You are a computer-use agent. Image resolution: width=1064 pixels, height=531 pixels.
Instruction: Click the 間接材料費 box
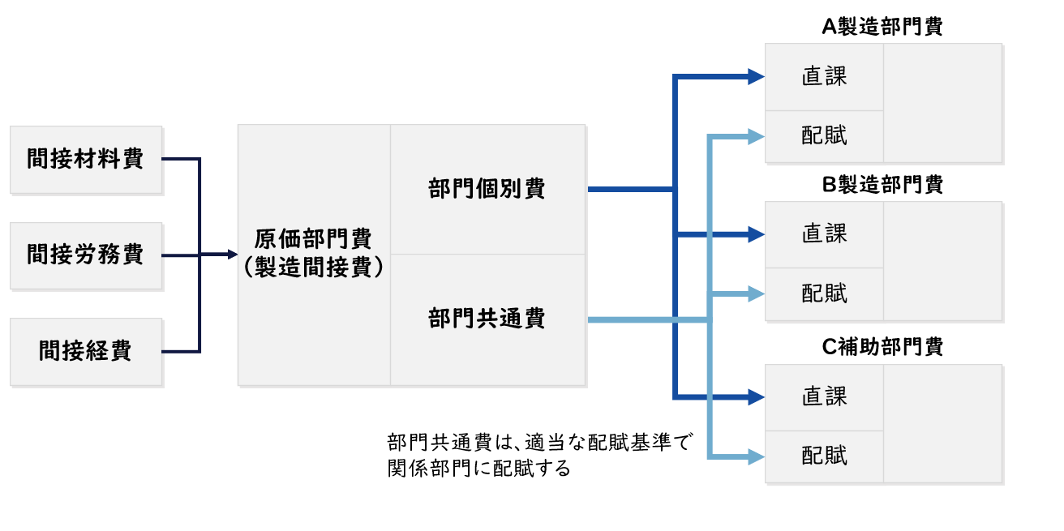[x=85, y=159]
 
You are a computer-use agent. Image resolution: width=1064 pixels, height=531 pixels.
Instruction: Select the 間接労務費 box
[x=85, y=255]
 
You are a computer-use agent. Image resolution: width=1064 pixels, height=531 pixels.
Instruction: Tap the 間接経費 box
[x=85, y=351]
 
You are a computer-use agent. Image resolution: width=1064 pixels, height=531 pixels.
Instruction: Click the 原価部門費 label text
[x=313, y=239]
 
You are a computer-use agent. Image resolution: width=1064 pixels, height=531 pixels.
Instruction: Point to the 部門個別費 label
[x=487, y=189]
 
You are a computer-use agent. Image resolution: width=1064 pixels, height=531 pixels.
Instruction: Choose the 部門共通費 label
[x=487, y=319]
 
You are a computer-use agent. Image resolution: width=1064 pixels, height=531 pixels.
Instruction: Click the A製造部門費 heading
[x=882, y=27]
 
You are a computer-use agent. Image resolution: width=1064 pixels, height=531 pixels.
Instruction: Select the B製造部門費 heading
[x=882, y=185]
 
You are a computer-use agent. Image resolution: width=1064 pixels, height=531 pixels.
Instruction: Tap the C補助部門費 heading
[x=882, y=347]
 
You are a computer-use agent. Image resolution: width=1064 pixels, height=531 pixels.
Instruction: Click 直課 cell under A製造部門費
[x=824, y=77]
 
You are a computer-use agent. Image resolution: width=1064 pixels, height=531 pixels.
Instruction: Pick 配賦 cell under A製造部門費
[x=824, y=135]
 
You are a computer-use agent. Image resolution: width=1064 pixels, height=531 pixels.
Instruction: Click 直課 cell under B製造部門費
[x=824, y=234]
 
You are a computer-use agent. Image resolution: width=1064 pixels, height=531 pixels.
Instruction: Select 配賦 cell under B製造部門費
[x=824, y=293]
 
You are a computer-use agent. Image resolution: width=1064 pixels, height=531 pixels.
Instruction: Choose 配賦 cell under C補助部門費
[x=824, y=456]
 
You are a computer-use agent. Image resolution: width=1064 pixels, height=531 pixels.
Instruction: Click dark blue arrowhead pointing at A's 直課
[x=757, y=77]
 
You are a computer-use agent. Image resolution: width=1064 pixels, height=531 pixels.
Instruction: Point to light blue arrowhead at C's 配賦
[x=757, y=458]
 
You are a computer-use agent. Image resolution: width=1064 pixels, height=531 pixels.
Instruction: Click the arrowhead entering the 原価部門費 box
[x=228, y=255]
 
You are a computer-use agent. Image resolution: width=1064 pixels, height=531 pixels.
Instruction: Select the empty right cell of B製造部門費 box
[x=942, y=261]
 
